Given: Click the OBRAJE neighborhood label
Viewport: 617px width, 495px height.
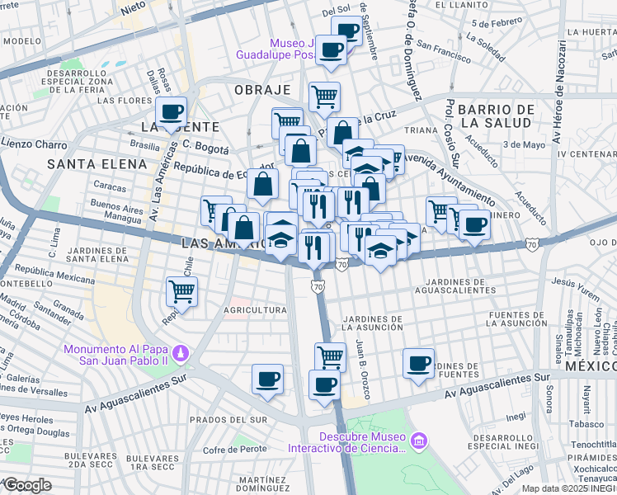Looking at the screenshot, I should (262, 89).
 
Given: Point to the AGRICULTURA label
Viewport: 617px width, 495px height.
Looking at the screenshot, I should (255, 310).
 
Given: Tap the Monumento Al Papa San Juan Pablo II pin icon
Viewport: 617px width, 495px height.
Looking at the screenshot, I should (183, 354).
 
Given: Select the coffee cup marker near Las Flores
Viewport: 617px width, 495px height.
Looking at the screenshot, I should (172, 111).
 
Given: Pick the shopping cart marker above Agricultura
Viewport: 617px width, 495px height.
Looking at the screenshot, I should (181, 290).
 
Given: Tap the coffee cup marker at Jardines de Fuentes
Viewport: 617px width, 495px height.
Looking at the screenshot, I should (419, 363).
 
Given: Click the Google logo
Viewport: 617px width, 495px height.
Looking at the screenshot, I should (27, 484).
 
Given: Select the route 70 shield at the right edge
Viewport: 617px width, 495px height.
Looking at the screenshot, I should (533, 245).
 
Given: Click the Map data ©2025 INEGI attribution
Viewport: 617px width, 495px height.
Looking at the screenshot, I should (568, 488).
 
